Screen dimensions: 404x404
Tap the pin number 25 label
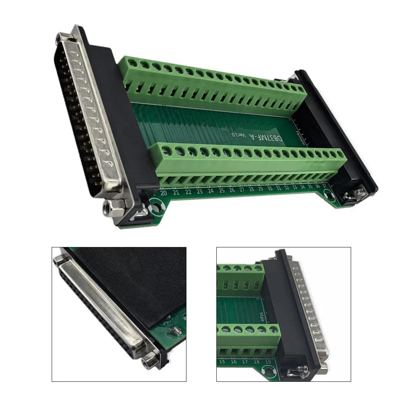(x=222, y=190)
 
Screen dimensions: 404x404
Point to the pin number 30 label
(x=270, y=188)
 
